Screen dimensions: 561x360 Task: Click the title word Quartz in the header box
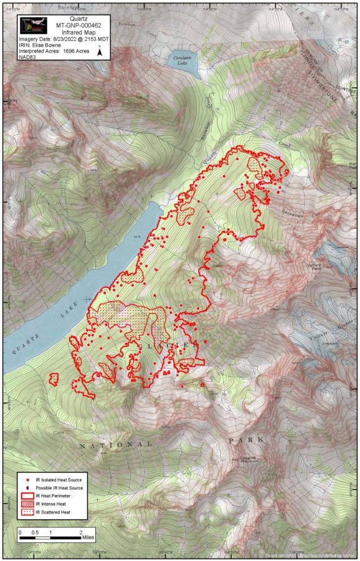point(68,19)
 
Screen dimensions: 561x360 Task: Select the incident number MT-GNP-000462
point(68,25)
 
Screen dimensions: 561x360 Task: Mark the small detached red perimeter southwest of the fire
point(53,378)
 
